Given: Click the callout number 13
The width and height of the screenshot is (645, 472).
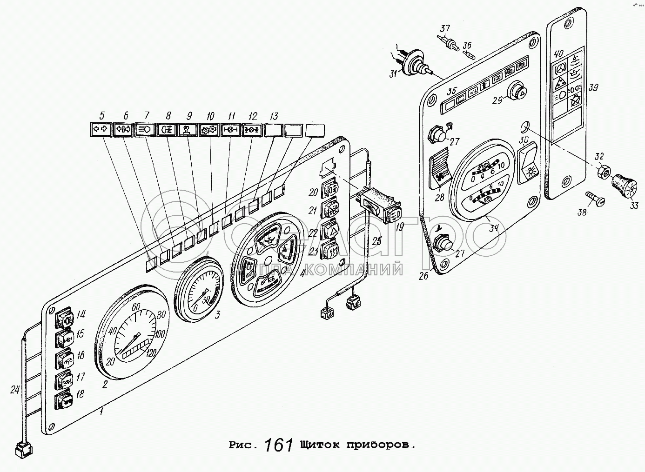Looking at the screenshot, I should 274,116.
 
